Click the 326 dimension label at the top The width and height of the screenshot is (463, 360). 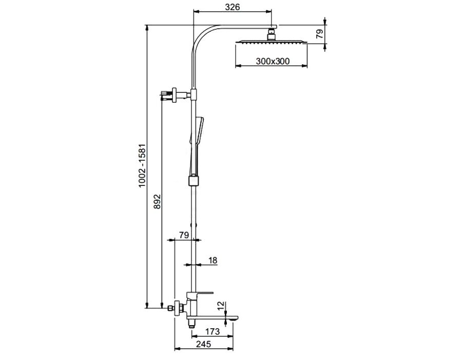pyautogui.click(x=233, y=7)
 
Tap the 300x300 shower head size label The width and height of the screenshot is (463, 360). pyautogui.click(x=273, y=61)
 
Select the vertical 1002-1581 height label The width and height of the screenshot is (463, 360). pyautogui.click(x=142, y=165)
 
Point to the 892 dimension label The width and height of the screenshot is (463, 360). pyautogui.click(x=158, y=201)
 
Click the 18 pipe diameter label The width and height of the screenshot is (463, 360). pyautogui.click(x=213, y=260)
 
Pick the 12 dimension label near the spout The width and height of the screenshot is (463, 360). pyautogui.click(x=220, y=307)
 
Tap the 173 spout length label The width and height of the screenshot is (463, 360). pyautogui.click(x=213, y=331)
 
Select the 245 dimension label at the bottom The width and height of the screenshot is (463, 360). pyautogui.click(x=203, y=344)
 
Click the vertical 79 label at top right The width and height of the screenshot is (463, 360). pyautogui.click(x=319, y=34)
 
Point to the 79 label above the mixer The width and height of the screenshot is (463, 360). pyautogui.click(x=184, y=235)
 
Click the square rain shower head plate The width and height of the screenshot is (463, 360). pyautogui.click(x=271, y=42)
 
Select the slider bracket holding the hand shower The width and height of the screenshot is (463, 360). pyautogui.click(x=194, y=181)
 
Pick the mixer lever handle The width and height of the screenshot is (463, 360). pyautogui.click(x=204, y=293)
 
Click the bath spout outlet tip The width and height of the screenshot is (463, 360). pyautogui.click(x=234, y=318)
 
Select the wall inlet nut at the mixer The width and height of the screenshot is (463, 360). pyautogui.click(x=170, y=309)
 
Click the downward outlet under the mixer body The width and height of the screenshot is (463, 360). pyautogui.click(x=192, y=325)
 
